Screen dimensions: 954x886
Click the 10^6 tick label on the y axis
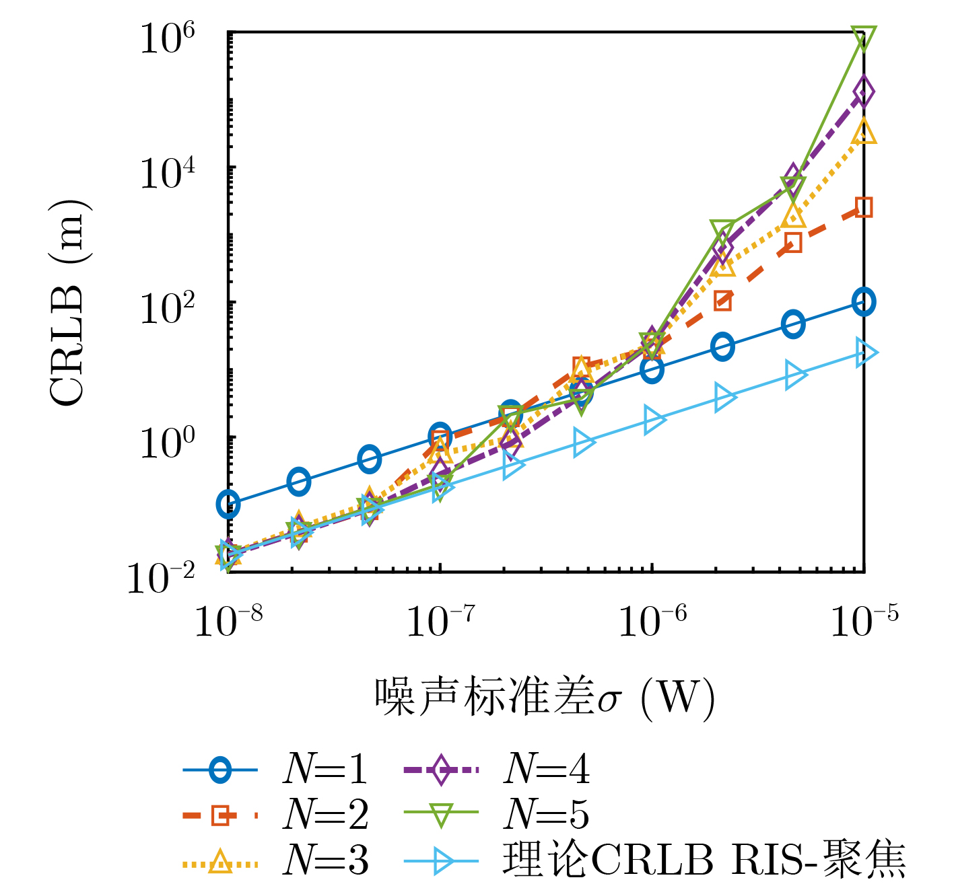pos(168,39)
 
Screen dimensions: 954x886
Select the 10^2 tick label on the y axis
pos(168,309)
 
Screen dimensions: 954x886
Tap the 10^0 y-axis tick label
pos(168,444)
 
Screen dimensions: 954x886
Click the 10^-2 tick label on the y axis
pos(161,579)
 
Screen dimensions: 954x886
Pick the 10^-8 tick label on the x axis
pos(229,622)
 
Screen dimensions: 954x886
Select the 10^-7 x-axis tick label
pos(440,622)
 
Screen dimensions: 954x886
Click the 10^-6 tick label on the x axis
pos(653,622)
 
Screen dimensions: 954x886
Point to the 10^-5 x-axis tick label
pos(864,622)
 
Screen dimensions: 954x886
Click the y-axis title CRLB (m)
pos(69,303)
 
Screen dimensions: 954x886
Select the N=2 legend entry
pos(276,815)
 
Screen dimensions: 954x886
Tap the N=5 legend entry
pos(497,815)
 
